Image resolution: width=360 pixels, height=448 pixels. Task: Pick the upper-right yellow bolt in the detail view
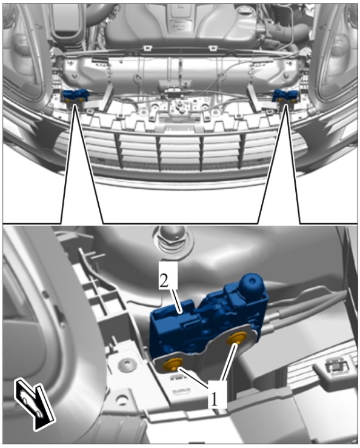[x=237, y=339]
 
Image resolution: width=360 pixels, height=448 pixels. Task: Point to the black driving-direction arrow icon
[x=35, y=404]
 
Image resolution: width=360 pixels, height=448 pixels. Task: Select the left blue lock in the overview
[x=75, y=95]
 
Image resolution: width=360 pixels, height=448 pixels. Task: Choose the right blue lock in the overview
[x=285, y=96]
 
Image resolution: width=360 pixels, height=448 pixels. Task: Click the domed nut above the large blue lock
[x=172, y=239]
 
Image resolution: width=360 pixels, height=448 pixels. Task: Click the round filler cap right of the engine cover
[x=243, y=13]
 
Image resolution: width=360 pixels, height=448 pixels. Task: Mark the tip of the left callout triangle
[x=75, y=105]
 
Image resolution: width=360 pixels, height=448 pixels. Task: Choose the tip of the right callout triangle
[x=285, y=105]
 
